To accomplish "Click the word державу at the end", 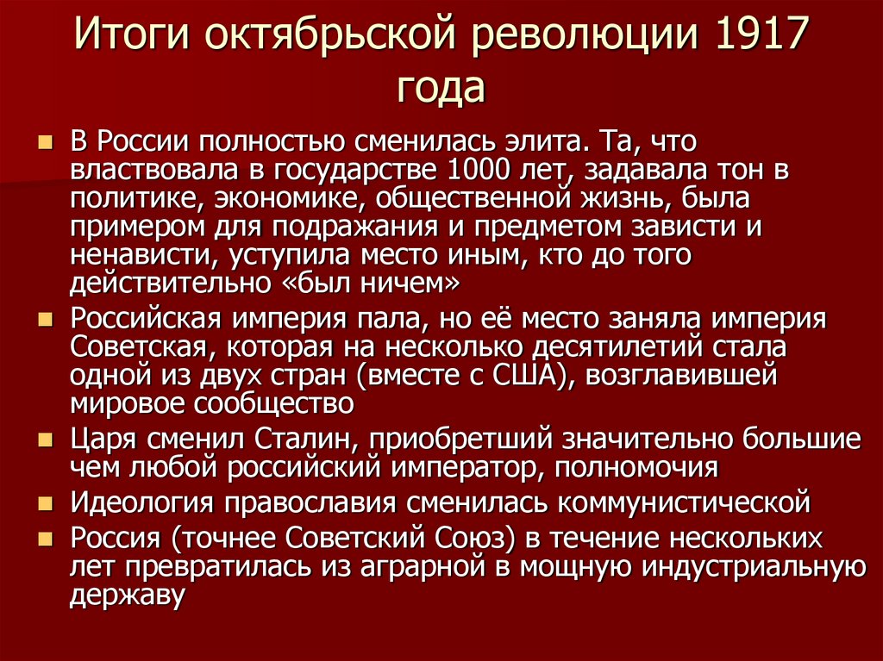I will tap(128, 596).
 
